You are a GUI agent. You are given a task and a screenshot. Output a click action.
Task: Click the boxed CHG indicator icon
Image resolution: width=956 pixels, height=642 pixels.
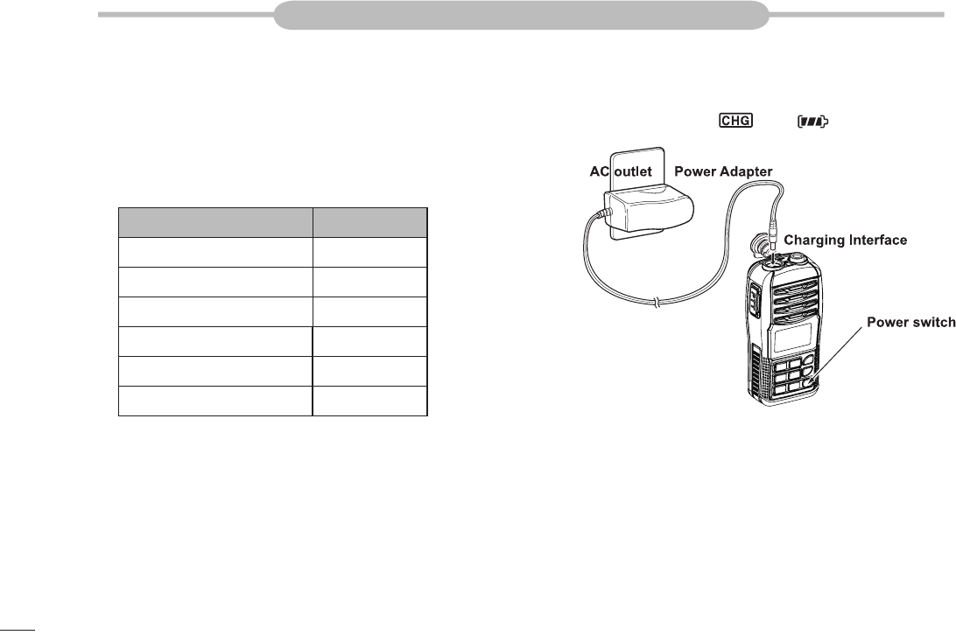735,121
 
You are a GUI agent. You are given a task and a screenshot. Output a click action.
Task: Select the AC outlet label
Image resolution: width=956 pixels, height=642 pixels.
621,172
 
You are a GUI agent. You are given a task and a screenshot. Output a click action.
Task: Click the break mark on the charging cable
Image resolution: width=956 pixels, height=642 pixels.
657,304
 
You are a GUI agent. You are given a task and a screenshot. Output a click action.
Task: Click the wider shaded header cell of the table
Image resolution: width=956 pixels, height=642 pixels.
215,222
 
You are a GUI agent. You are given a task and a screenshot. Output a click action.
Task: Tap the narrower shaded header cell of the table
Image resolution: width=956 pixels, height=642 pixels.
370,222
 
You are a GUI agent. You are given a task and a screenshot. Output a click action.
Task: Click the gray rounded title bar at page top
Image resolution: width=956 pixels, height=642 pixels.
521,15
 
